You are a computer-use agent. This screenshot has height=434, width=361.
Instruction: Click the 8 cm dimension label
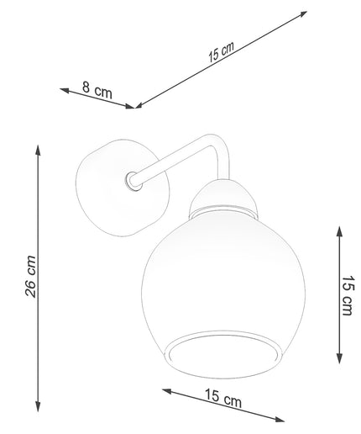pyautogui.click(x=97, y=90)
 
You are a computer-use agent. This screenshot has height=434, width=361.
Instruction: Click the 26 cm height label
pyautogui.click(x=30, y=277)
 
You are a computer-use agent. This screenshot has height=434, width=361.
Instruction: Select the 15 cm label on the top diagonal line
pyautogui.click(x=221, y=51)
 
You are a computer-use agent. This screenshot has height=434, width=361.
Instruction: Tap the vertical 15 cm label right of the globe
pyautogui.click(x=348, y=295)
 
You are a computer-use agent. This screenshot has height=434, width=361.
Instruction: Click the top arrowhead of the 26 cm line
pyautogui.click(x=38, y=150)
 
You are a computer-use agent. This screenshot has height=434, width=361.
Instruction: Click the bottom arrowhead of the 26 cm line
pyautogui.click(x=38, y=406)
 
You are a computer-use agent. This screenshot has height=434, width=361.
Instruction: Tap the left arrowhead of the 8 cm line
pyautogui.click(x=65, y=90)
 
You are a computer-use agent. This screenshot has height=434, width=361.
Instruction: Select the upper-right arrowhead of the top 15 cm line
pyautogui.click(x=302, y=14)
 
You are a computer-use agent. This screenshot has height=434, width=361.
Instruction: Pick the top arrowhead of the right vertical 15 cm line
pyautogui.click(x=339, y=231)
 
